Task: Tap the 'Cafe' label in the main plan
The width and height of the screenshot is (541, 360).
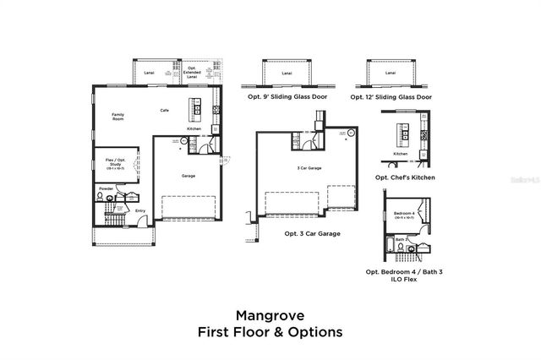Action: (x=166, y=110)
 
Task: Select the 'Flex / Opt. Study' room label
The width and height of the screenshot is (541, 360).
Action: (x=112, y=162)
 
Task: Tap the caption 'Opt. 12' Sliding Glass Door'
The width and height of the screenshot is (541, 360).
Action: (x=391, y=97)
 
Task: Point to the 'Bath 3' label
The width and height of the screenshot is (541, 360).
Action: (x=400, y=239)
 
